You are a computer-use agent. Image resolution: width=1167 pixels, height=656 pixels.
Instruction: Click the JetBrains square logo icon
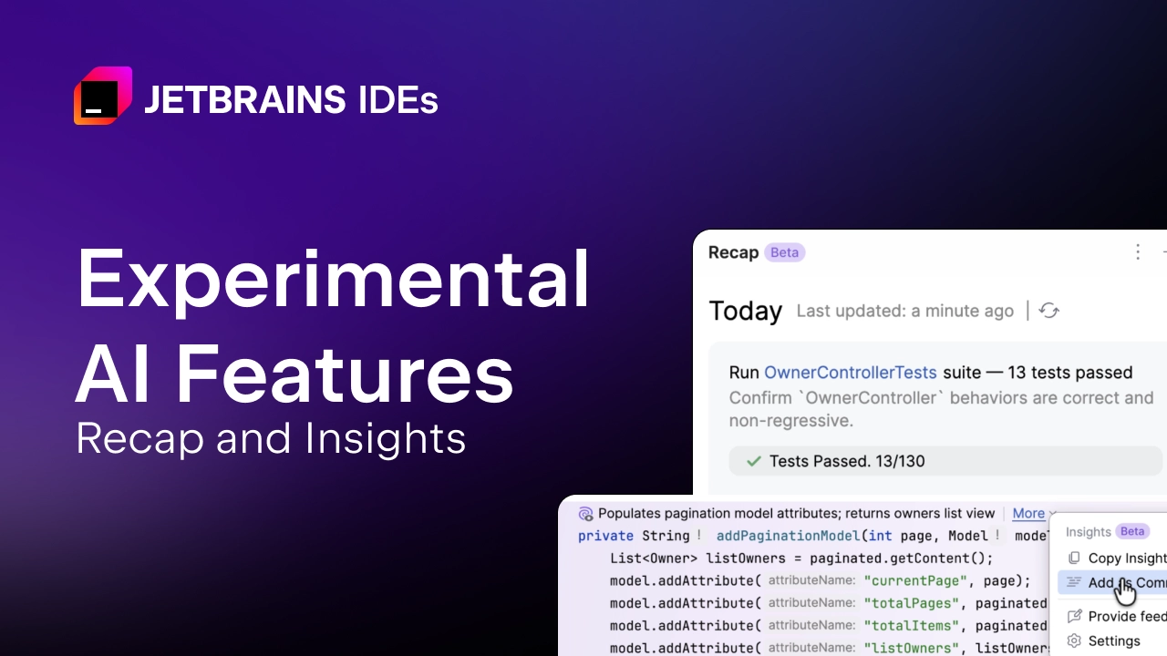click(102, 96)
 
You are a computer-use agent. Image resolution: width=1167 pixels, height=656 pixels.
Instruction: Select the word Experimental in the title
click(333, 281)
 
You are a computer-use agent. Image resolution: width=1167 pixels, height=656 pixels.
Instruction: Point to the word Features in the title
click(345, 374)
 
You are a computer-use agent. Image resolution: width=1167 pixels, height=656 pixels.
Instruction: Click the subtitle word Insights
click(386, 438)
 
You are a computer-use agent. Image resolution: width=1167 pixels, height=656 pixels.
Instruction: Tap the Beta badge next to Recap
click(784, 252)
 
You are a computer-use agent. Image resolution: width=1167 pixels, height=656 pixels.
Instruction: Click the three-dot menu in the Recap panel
click(1137, 252)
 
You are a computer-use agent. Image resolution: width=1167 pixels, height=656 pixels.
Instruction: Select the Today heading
click(745, 312)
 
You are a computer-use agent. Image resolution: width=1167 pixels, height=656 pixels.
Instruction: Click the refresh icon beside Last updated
click(1049, 311)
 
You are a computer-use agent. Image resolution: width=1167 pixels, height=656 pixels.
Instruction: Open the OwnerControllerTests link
click(850, 372)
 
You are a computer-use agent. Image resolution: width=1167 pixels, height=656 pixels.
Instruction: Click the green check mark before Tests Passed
click(753, 461)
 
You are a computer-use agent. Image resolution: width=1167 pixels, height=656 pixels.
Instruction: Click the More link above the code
click(1028, 514)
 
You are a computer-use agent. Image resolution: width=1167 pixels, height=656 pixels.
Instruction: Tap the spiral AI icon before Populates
click(586, 514)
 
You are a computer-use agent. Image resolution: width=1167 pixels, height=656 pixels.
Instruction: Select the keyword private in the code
click(605, 536)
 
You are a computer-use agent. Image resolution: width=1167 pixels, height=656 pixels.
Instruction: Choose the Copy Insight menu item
click(1127, 558)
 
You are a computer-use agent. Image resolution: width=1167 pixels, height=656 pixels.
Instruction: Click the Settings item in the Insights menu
click(1113, 641)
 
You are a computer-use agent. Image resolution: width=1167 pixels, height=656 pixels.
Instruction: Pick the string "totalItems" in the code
click(908, 626)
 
